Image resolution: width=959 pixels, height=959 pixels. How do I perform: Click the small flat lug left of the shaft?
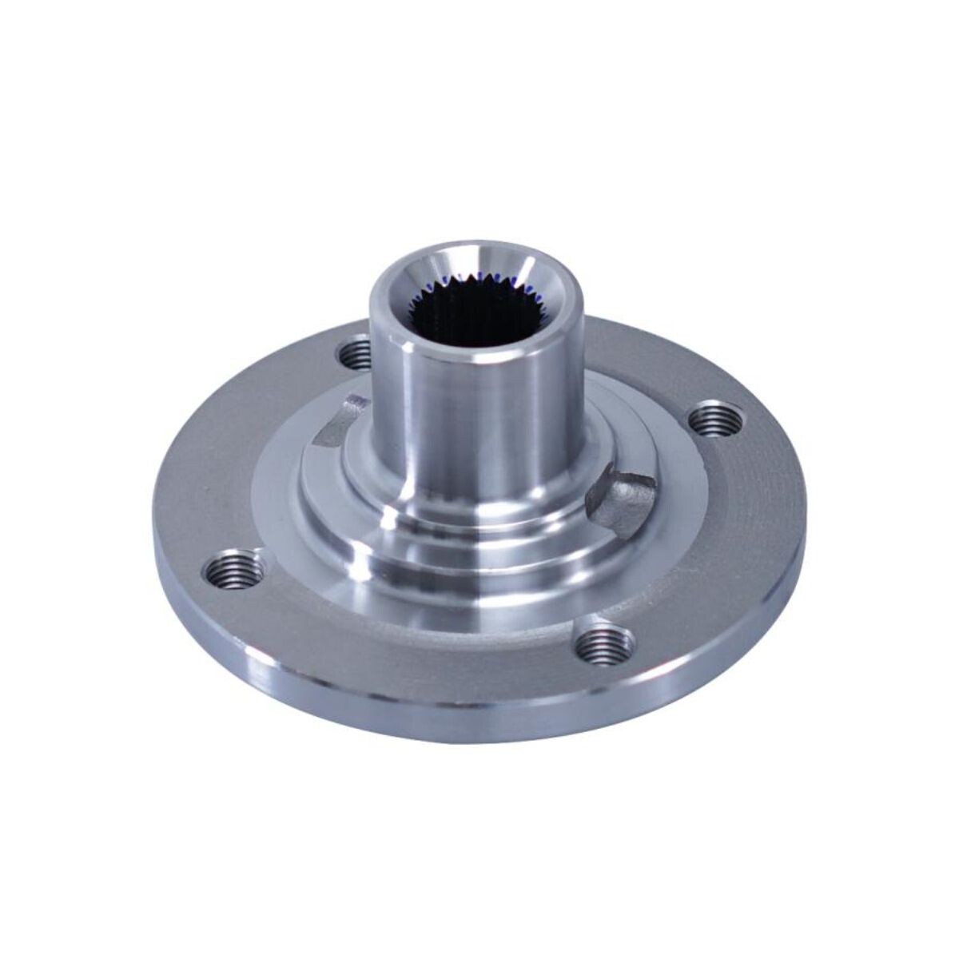[x=339, y=420]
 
